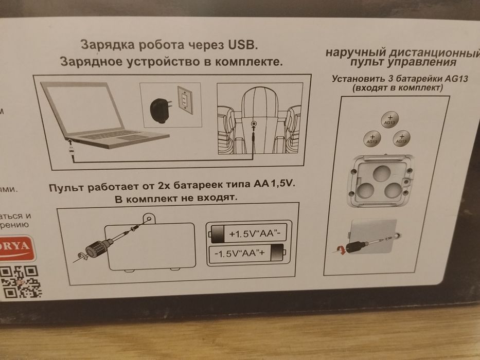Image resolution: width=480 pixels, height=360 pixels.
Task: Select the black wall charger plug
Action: tap(159, 108)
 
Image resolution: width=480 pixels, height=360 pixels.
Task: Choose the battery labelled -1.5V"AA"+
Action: tap(247, 253)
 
